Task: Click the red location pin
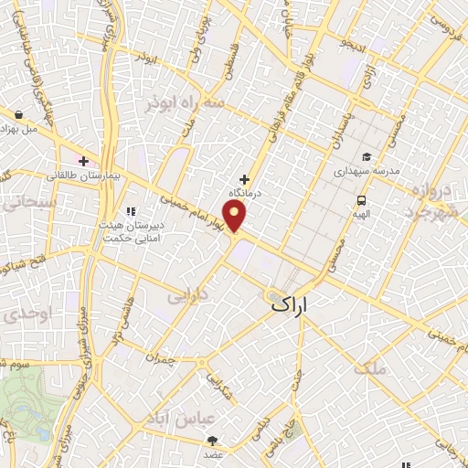coord(236,217)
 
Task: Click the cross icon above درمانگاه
coord(243,179)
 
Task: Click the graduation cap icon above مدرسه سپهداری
coord(366,156)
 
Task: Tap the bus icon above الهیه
coord(363,199)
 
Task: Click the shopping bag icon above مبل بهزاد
coord(19,114)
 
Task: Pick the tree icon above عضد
coord(213,440)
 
